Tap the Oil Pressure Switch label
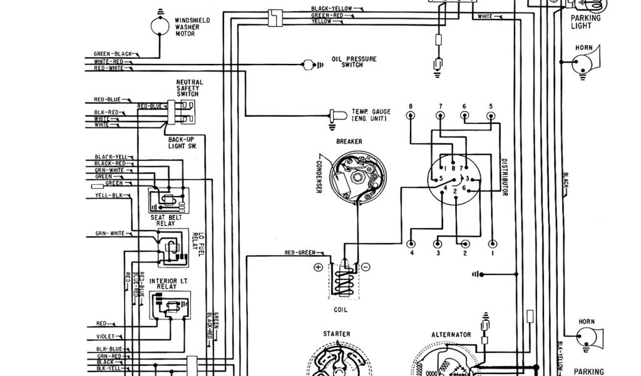point(354,62)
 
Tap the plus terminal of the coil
point(318,267)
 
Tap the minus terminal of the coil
point(366,267)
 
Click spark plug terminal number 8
point(411,116)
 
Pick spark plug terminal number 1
point(493,244)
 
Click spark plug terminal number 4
point(411,244)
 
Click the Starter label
point(337,334)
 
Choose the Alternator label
point(451,335)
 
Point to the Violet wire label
point(105,336)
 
